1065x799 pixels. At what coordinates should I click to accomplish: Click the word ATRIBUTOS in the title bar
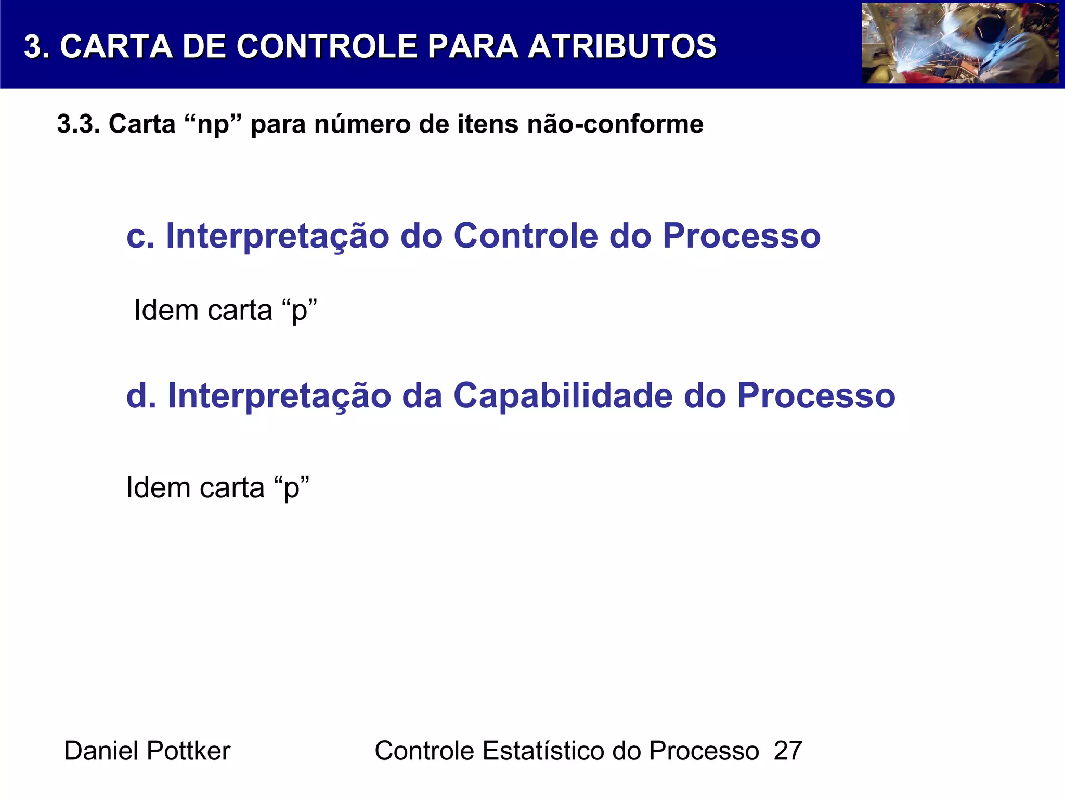point(622,46)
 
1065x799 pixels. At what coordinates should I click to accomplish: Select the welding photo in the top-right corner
point(960,43)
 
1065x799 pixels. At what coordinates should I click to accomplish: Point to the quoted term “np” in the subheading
point(214,124)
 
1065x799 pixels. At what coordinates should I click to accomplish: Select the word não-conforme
point(615,124)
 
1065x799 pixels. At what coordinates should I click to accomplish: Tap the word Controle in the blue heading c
point(526,236)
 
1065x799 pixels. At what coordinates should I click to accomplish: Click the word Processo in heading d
point(816,396)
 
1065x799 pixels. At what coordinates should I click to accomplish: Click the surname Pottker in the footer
point(188,751)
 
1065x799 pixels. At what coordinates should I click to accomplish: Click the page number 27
point(788,751)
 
